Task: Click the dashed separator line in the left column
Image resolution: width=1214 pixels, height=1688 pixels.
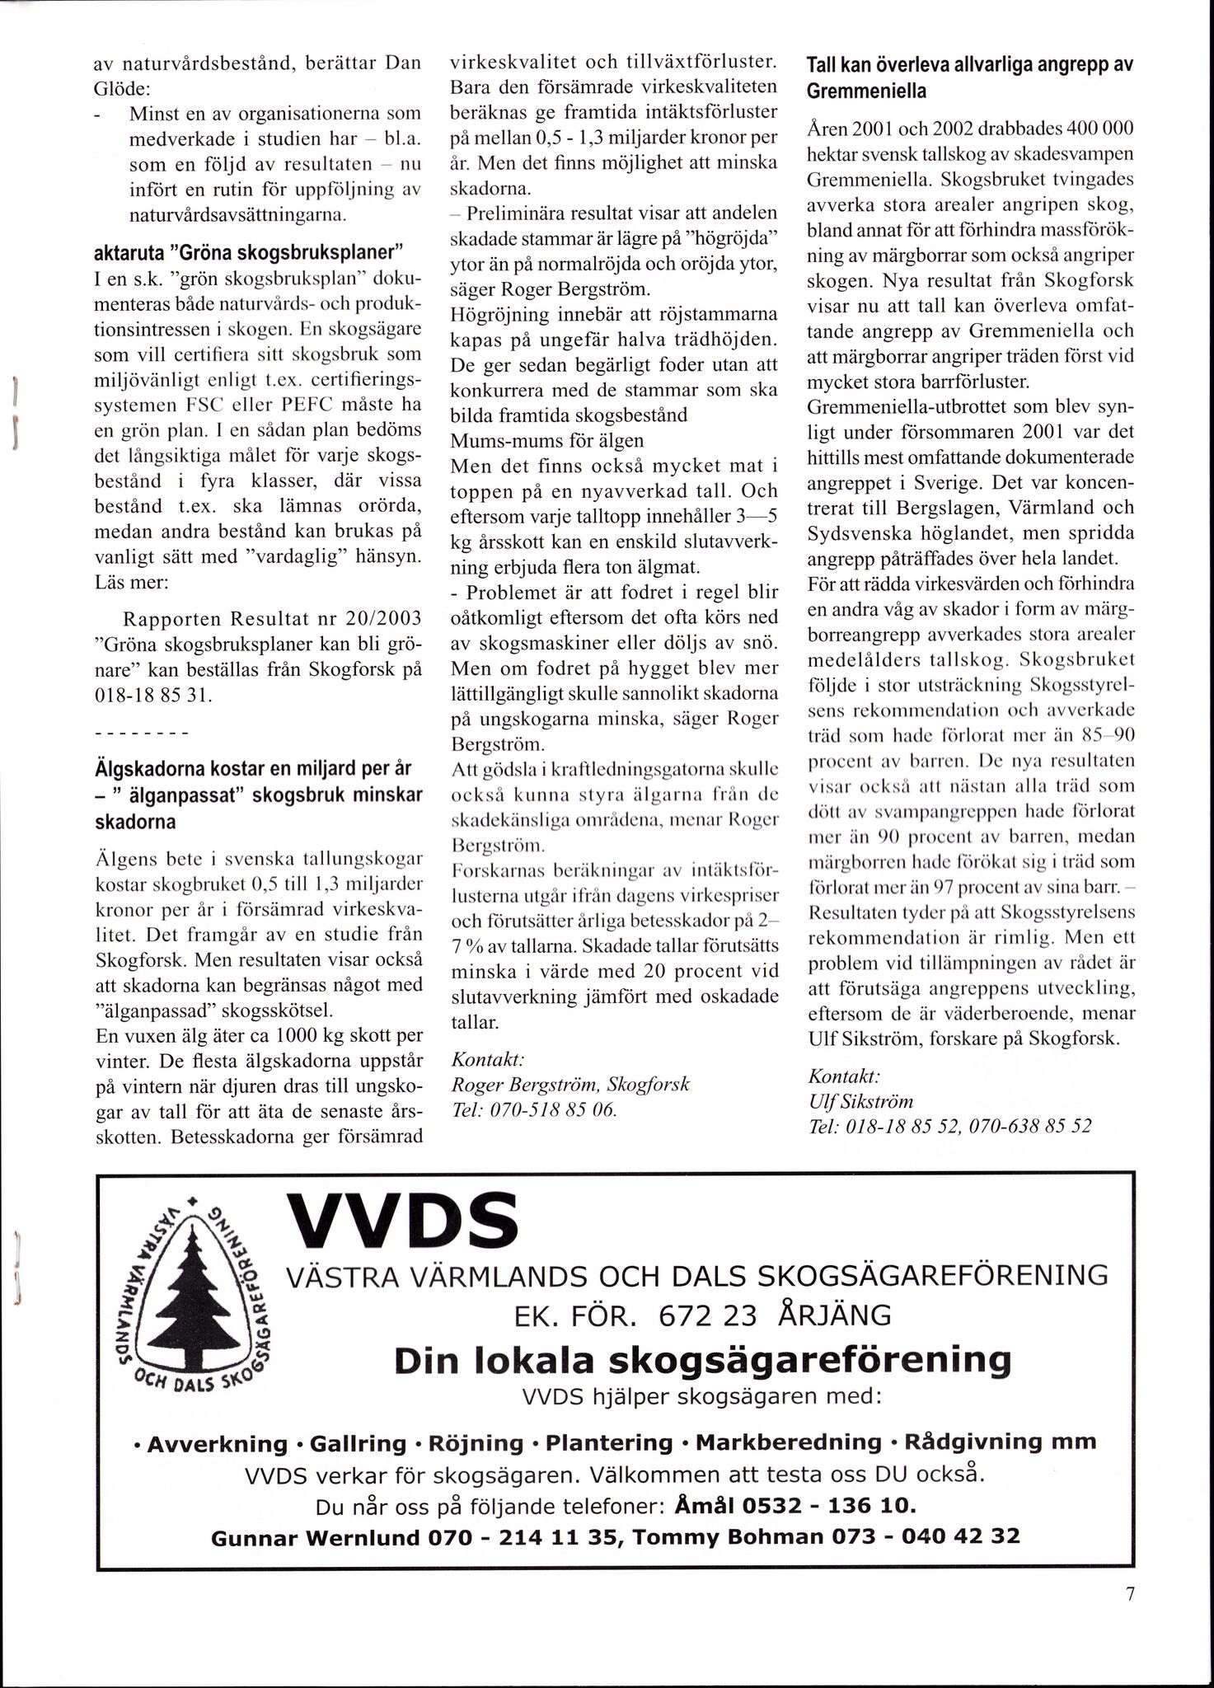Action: pos(143,732)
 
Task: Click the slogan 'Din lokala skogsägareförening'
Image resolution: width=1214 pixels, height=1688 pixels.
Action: pos(702,1361)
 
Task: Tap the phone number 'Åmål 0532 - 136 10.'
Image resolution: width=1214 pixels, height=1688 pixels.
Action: pos(794,1506)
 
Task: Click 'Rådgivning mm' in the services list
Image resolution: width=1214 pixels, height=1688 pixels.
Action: pos(1001,1442)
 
